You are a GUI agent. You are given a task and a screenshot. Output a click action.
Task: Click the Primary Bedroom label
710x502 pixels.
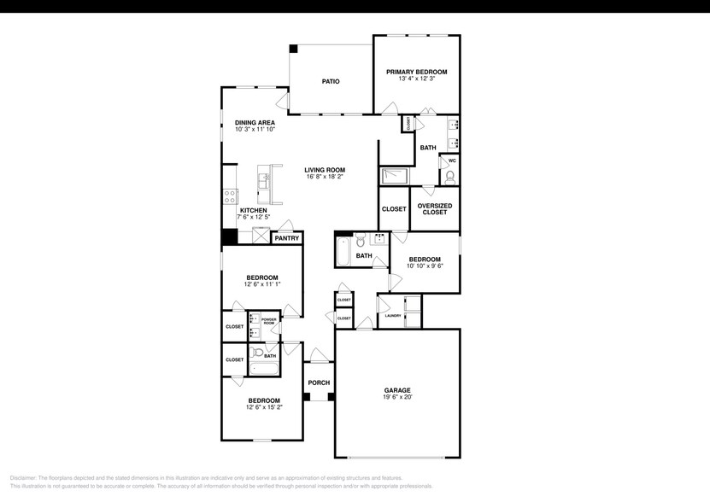(416, 72)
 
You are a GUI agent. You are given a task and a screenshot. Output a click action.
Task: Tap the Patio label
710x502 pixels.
(331, 81)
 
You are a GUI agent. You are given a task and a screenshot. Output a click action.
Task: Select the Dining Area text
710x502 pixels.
(255, 122)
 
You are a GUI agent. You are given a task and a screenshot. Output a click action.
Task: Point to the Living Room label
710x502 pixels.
(325, 170)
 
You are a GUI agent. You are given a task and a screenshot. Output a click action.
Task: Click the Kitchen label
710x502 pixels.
(253, 210)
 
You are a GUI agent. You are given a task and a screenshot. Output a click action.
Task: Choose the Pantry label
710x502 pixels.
(287, 238)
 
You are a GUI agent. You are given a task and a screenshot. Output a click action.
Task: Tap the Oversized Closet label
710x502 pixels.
(434, 208)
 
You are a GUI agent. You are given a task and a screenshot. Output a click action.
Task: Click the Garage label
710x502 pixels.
(396, 389)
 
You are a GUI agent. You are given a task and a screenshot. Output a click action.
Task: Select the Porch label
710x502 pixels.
(319, 382)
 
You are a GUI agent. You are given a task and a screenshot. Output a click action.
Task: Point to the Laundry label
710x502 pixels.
(393, 316)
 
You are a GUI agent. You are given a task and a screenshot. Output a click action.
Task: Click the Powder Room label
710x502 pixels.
(268, 321)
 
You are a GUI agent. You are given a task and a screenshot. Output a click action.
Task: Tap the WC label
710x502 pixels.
(452, 160)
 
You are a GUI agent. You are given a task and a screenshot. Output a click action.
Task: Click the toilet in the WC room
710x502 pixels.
(450, 177)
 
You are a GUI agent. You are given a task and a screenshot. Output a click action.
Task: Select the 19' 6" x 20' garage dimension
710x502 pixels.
(396, 397)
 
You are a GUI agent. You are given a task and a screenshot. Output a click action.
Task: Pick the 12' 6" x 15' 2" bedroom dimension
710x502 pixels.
(263, 408)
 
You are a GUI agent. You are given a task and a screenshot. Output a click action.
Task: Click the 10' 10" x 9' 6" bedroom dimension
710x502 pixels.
(424, 266)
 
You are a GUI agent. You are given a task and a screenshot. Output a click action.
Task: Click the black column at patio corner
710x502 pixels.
(293, 50)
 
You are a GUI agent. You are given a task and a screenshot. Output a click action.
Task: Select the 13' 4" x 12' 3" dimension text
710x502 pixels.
(416, 79)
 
